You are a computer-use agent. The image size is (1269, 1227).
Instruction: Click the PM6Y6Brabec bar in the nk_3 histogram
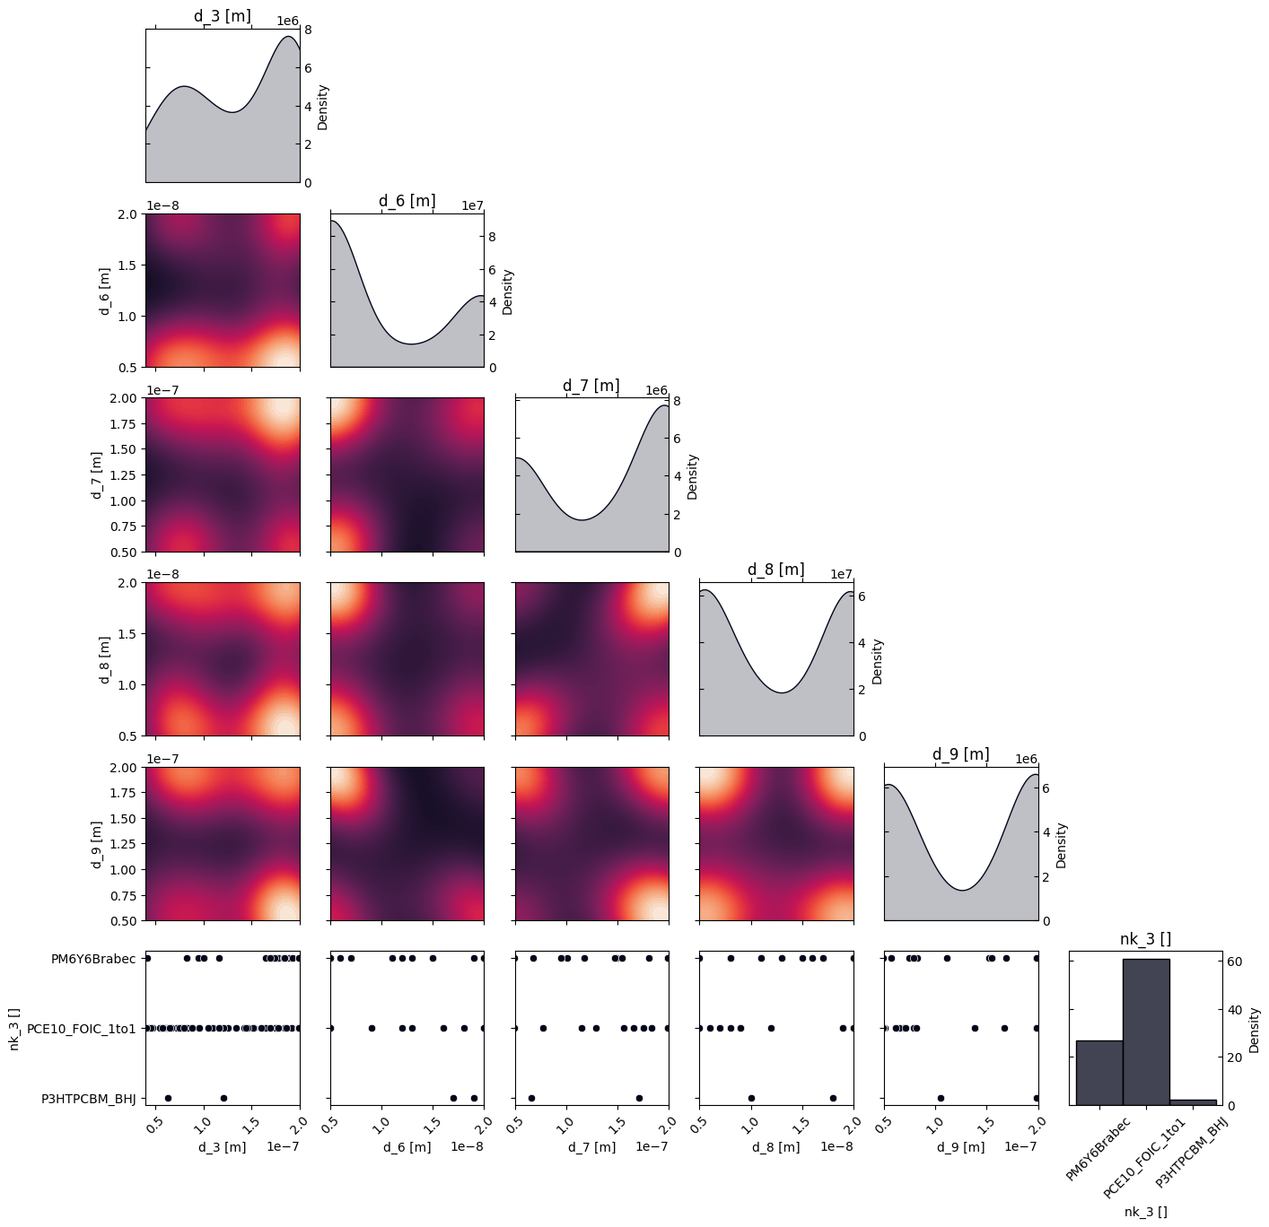(x=1098, y=1072)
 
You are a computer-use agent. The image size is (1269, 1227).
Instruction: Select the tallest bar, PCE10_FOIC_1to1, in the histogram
(x=1145, y=1031)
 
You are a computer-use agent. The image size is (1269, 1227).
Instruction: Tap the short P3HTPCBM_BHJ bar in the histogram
(x=1193, y=1101)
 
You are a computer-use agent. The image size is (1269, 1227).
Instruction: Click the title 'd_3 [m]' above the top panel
(x=223, y=16)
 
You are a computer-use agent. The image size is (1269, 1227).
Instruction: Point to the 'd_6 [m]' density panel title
(x=407, y=201)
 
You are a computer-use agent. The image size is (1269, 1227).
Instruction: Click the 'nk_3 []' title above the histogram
(x=1145, y=939)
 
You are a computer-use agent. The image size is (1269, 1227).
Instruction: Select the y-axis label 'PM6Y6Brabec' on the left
(x=93, y=959)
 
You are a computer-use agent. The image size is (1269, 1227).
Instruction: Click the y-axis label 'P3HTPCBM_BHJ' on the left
(x=89, y=1098)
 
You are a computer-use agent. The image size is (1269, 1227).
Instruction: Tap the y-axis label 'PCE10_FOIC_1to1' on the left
(x=82, y=1029)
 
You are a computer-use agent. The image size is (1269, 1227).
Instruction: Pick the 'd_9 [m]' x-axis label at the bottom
(x=960, y=1147)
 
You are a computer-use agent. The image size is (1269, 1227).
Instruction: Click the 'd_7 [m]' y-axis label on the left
(x=96, y=474)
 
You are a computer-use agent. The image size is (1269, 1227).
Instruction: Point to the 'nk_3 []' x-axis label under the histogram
(x=1145, y=1212)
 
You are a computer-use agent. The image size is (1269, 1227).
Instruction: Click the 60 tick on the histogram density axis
(x=1236, y=962)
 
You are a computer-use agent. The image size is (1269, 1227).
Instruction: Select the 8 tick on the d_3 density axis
(x=308, y=30)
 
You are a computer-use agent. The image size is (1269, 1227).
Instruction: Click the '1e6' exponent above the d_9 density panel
(x=1026, y=759)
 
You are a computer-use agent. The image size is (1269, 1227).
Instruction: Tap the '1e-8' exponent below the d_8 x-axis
(x=836, y=1146)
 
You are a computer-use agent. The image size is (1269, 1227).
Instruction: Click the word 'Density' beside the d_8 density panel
(x=877, y=661)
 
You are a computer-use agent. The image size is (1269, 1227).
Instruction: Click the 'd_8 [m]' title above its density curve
(x=775, y=570)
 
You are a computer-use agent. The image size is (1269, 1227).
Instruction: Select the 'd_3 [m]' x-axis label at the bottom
(x=222, y=1147)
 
